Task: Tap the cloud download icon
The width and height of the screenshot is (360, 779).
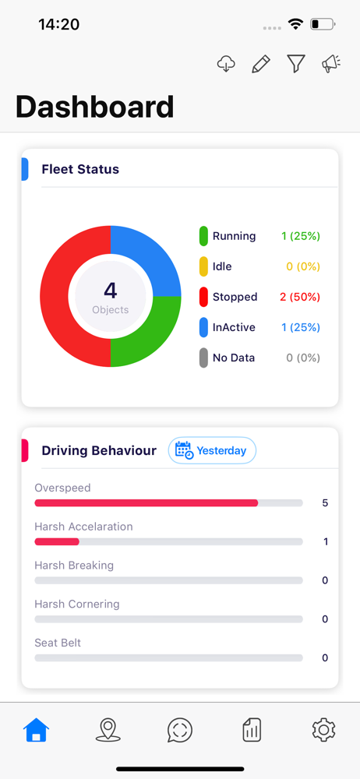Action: pyautogui.click(x=226, y=64)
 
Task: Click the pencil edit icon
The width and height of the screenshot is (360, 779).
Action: pyautogui.click(x=261, y=64)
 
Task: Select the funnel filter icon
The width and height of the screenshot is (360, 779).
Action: pyautogui.click(x=296, y=64)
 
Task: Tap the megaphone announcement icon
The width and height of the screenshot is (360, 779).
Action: pyautogui.click(x=331, y=64)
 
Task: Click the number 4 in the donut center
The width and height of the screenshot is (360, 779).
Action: pyautogui.click(x=111, y=291)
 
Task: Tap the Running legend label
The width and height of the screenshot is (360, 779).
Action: pyautogui.click(x=235, y=236)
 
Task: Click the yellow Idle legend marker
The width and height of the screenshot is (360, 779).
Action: pyautogui.click(x=203, y=266)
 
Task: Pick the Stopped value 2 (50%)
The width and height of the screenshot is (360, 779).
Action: pyautogui.click(x=300, y=297)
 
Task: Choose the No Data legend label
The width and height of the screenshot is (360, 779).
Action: pyautogui.click(x=234, y=358)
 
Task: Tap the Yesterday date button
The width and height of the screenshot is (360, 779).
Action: pyautogui.click(x=212, y=450)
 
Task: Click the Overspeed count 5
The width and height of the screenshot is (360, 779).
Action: pyautogui.click(x=325, y=502)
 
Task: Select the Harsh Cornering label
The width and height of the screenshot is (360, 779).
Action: pyautogui.click(x=77, y=605)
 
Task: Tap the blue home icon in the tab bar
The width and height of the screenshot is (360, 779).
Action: pyautogui.click(x=37, y=731)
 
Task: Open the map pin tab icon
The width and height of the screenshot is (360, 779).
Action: pyautogui.click(x=108, y=731)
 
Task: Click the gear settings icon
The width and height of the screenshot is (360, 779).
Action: pyautogui.click(x=323, y=731)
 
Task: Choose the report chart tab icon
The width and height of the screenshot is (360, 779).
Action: pyautogui.click(x=252, y=731)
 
